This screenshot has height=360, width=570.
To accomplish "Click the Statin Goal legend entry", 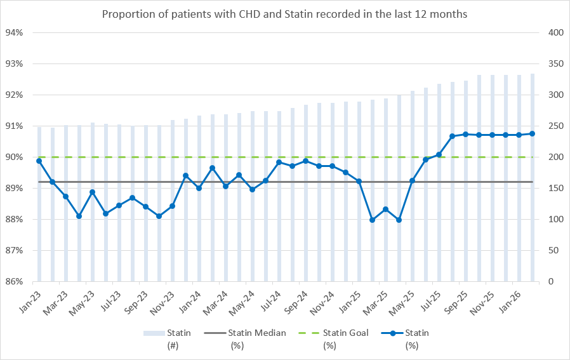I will tap(341, 333).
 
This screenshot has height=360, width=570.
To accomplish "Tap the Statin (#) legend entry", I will tap(172, 333).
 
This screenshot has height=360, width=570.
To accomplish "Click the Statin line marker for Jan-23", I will tap(39, 161).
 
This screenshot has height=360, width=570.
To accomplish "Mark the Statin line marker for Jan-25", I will tap(359, 182).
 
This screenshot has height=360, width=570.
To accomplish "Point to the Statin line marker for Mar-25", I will tap(385, 210).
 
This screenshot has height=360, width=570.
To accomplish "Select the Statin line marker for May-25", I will tap(412, 181).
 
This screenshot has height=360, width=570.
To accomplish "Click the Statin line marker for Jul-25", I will tap(439, 154).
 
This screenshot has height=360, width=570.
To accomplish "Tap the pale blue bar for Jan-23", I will tap(39, 204).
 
